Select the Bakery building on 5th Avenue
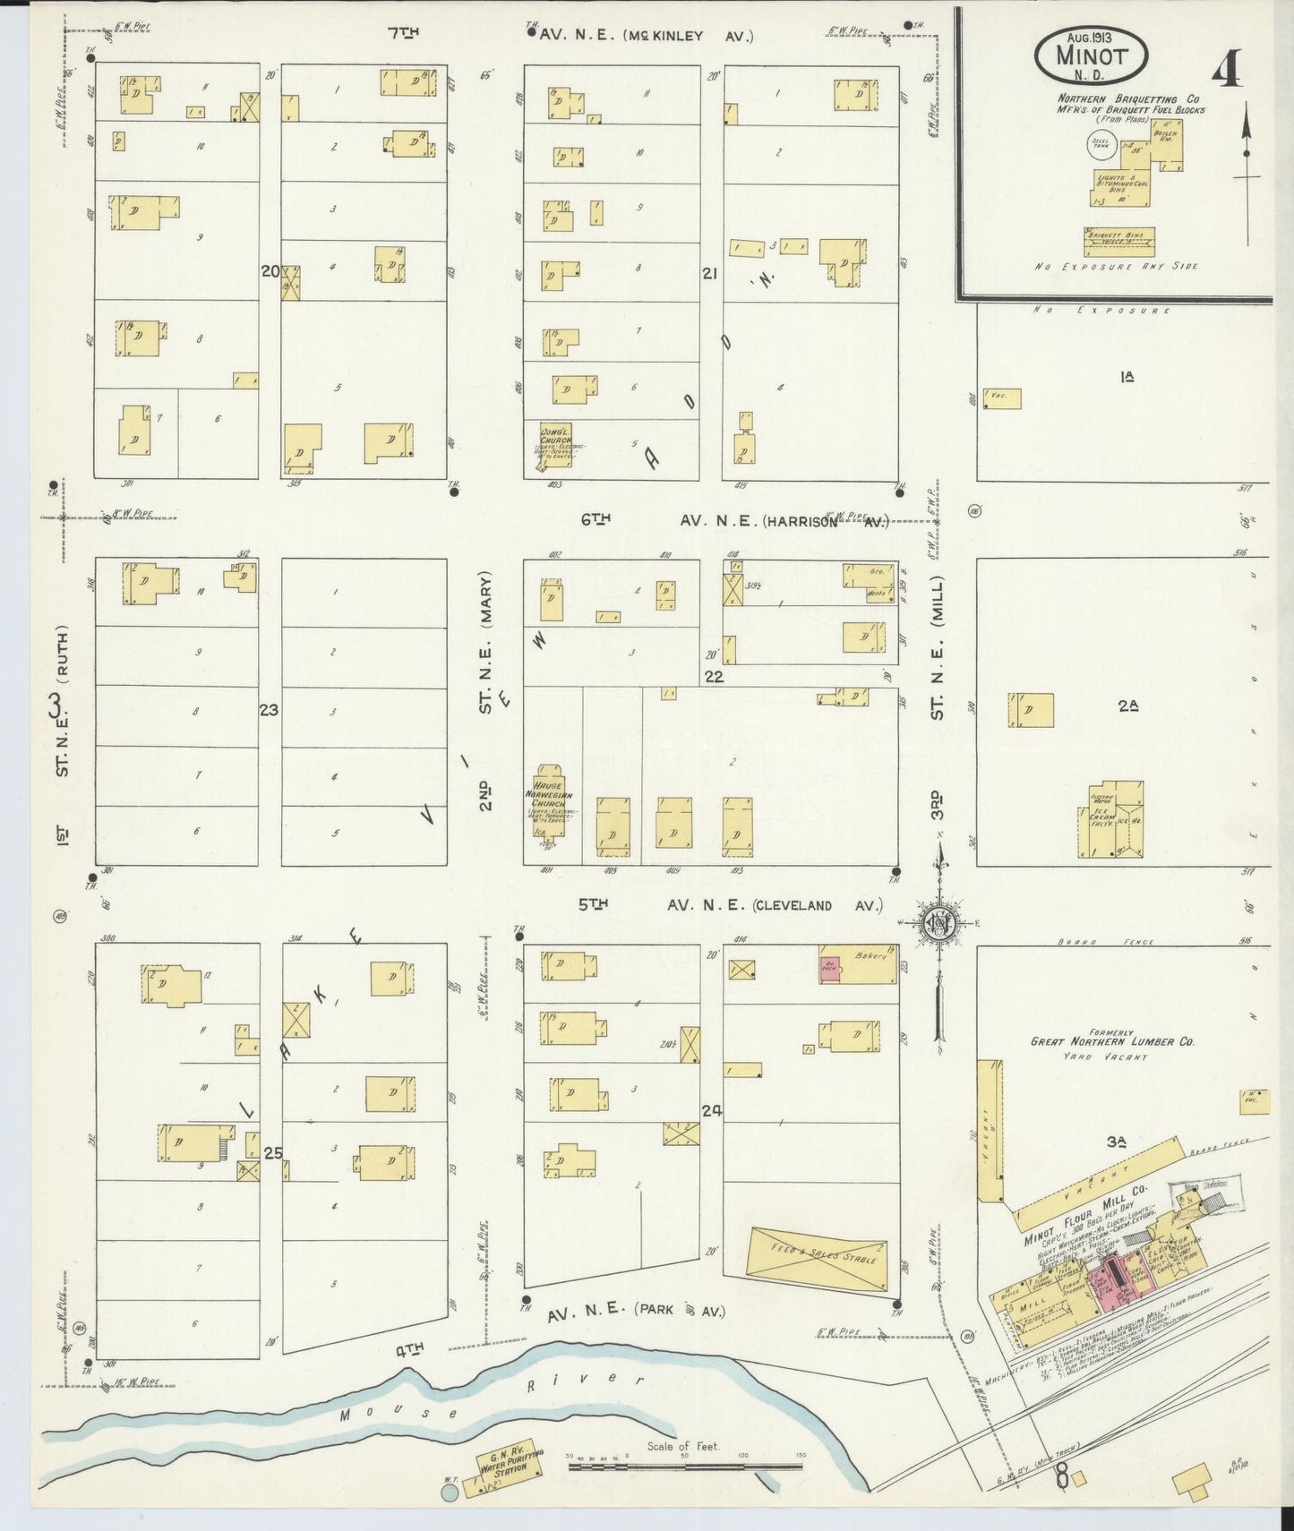pos(858,965)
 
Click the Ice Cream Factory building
pos(1109,821)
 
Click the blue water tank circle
pos(450,1493)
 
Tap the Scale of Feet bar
pos(685,1465)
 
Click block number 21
pos(710,275)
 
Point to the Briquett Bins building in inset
pos(1119,241)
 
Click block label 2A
pos(1127,706)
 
